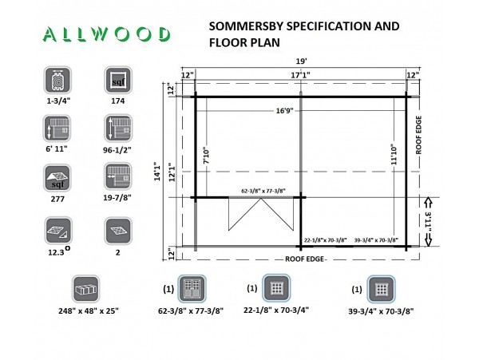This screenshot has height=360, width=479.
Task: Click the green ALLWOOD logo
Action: click(x=106, y=34)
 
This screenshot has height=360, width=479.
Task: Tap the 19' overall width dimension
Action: click(x=301, y=61)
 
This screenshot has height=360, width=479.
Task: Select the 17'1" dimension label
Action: click(x=300, y=75)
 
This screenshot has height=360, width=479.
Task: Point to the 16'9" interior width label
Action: click(x=285, y=110)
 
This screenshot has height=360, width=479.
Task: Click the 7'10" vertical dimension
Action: click(x=207, y=156)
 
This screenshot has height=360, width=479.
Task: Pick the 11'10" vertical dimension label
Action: click(x=394, y=155)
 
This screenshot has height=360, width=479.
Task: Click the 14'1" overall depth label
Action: click(x=157, y=172)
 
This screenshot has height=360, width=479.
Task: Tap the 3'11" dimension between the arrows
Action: click(x=428, y=221)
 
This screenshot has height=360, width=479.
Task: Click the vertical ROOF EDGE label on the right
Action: click(x=418, y=135)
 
